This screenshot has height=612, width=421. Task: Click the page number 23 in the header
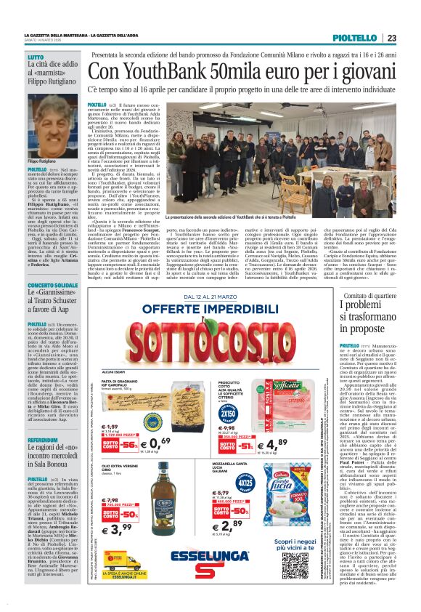pyautogui.click(x=391, y=39)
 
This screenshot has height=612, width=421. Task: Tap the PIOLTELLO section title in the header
pyautogui.click(x=359, y=39)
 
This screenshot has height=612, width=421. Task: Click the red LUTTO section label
pyautogui.click(x=36, y=57)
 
